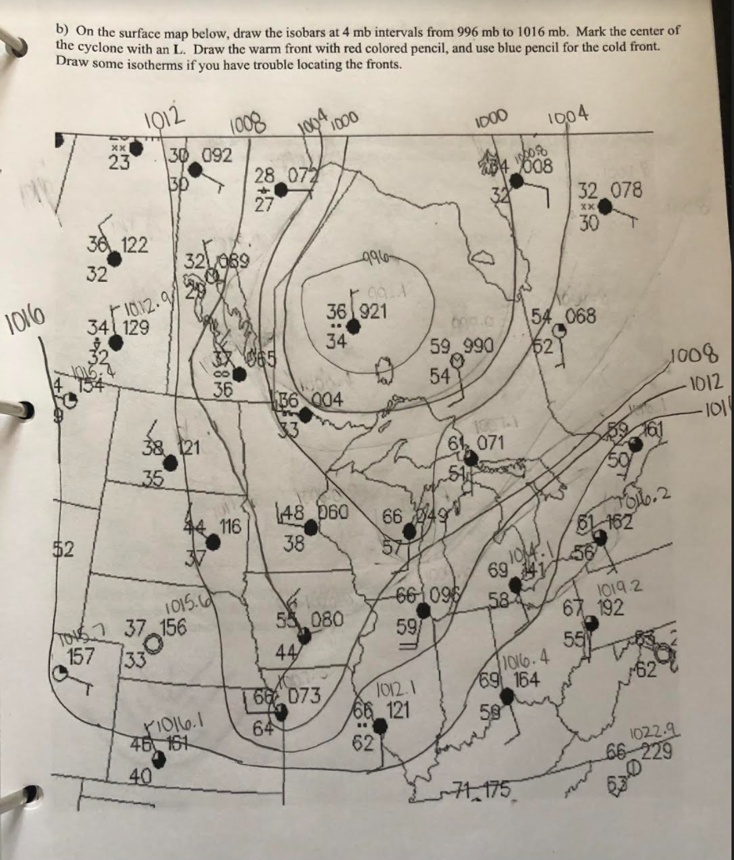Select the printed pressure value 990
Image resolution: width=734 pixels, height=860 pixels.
click(x=482, y=346)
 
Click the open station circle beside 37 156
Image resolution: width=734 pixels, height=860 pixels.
click(x=152, y=644)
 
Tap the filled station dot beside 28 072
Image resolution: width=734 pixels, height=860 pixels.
click(x=282, y=190)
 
